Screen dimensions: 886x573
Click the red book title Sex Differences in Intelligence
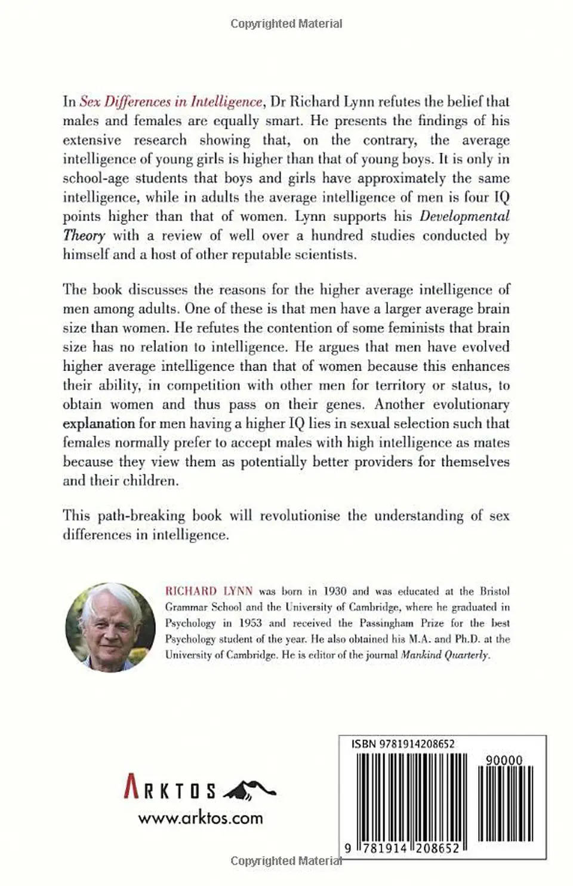tap(171, 102)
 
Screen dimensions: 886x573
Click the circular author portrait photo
tap(110, 627)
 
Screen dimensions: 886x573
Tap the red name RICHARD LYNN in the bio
tap(209, 591)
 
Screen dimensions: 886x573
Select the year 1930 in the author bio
tap(334, 591)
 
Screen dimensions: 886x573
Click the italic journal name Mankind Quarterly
tap(445, 654)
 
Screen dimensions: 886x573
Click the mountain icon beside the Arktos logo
tap(249, 790)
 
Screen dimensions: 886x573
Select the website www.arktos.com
tap(201, 818)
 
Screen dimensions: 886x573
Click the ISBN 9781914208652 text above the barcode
tap(403, 744)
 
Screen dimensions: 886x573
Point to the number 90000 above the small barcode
tap(504, 760)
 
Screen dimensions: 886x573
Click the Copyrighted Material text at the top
tap(286, 24)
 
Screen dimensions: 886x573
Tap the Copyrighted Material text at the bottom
tap(286, 861)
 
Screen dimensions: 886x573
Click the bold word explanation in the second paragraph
tap(99, 424)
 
